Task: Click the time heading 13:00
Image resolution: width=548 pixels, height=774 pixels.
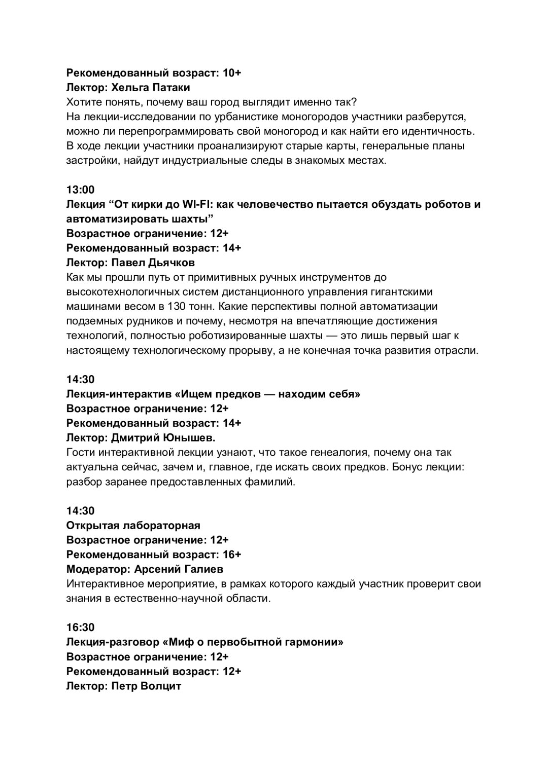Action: (80, 190)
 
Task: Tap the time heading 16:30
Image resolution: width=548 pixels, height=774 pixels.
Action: (80, 628)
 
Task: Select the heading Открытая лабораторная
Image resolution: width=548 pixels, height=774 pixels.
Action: (133, 525)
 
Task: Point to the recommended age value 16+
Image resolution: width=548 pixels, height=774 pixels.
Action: (232, 554)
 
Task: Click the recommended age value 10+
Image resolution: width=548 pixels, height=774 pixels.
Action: (232, 73)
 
